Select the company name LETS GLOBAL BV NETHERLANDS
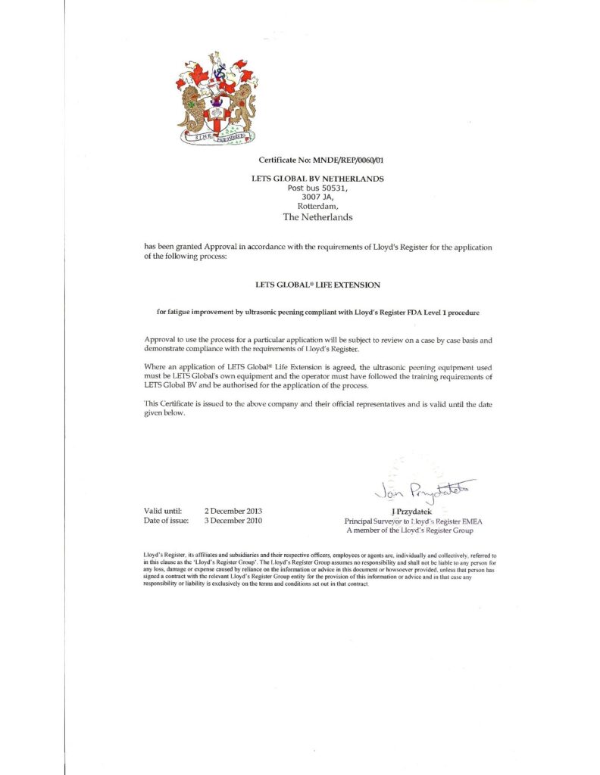coord(317,179)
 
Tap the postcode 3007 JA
coord(317,197)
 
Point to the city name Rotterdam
coord(317,206)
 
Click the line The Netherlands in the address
coord(317,216)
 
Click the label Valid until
coord(162,512)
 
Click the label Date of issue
coord(166,521)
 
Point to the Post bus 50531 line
coord(317,188)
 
